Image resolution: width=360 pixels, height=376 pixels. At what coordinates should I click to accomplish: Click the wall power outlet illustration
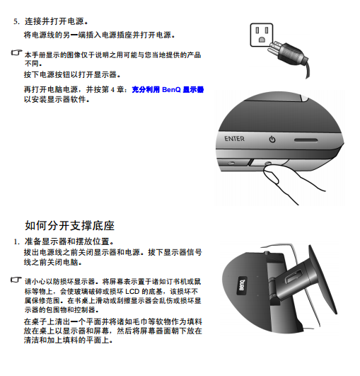(261, 35)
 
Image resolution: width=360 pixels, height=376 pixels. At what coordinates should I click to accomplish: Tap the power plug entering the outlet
(287, 53)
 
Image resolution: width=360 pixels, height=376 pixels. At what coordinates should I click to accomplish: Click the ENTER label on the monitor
(234, 139)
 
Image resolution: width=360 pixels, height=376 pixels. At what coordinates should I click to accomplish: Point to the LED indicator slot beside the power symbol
(306, 140)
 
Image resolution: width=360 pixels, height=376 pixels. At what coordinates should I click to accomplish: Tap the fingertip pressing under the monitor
(271, 174)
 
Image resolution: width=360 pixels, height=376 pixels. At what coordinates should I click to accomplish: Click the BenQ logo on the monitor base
(242, 286)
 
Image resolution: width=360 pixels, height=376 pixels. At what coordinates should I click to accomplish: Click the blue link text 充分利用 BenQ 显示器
(168, 90)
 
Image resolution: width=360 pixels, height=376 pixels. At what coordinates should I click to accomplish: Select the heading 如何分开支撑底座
(70, 226)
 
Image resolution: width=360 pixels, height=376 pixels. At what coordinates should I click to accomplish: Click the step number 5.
(16, 21)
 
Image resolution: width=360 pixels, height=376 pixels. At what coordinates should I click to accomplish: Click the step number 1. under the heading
(16, 241)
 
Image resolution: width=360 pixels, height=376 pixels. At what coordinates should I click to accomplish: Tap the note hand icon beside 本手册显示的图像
(16, 53)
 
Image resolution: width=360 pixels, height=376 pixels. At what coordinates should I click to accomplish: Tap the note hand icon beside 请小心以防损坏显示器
(16, 280)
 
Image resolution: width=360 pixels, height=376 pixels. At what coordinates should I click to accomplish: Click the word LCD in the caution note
(132, 292)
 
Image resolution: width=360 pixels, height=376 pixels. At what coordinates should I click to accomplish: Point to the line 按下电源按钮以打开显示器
(72, 74)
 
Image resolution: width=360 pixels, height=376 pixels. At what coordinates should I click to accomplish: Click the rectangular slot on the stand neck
(293, 278)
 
